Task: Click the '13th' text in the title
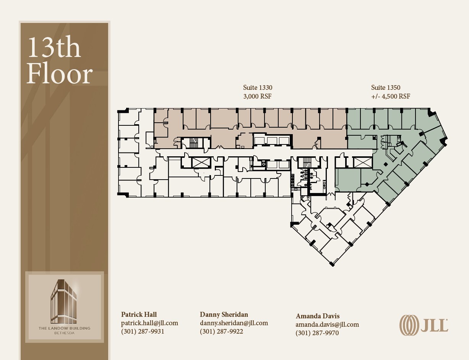[54, 48]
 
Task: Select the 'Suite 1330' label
[258, 88]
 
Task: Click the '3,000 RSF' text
[257, 97]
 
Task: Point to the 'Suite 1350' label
[386, 88]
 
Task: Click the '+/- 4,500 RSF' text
[390, 97]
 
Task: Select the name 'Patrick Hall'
[139, 315]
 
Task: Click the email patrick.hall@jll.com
[149, 323]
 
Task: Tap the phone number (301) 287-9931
[143, 331]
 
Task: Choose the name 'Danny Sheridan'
[224, 315]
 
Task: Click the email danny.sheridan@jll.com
[234, 323]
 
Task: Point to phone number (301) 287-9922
[221, 331]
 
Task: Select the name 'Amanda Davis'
[318, 316]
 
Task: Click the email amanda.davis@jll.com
[327, 324]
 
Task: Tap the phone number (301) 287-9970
[317, 333]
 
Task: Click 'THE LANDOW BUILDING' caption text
[64, 328]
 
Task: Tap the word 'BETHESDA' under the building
[64, 333]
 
